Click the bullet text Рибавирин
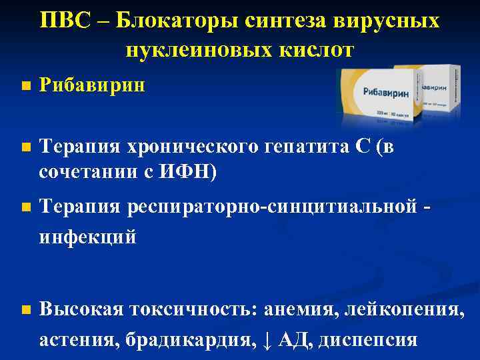click(92, 85)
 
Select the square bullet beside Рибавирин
click(25, 86)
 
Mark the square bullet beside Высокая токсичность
click(25, 310)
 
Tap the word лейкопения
click(399, 309)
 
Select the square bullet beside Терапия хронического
click(25, 149)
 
